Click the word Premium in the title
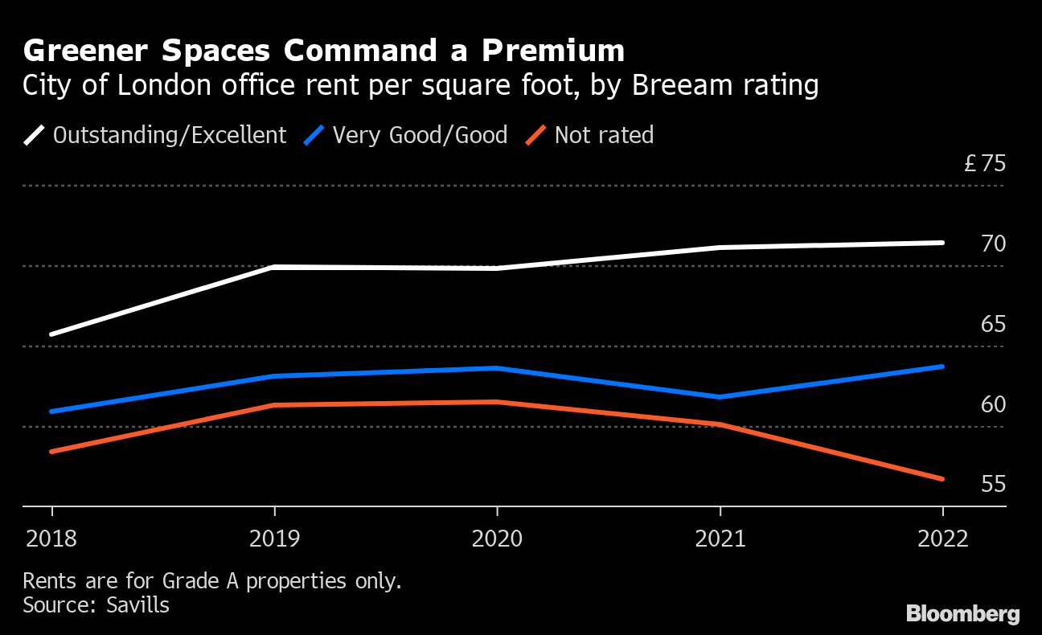coord(553,51)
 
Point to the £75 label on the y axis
coord(985,164)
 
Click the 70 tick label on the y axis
coord(993,244)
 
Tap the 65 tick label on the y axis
coord(993,324)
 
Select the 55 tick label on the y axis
coord(993,484)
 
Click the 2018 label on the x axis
coord(52,538)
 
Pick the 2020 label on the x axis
coord(497,538)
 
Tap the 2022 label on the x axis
coord(941,538)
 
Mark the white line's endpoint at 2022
coord(941,243)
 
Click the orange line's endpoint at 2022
coord(941,479)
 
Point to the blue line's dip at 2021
coord(720,397)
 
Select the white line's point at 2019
coord(275,267)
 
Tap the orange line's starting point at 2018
coord(52,452)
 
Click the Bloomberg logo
coord(962,614)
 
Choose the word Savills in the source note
coord(138,604)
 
